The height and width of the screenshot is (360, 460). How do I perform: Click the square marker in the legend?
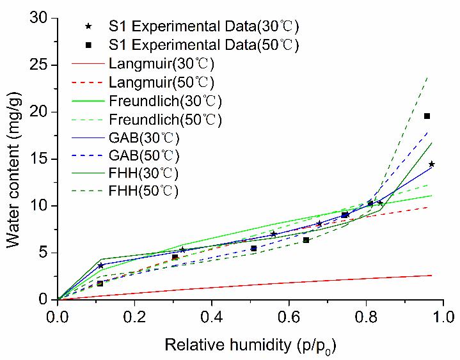coord(90,45)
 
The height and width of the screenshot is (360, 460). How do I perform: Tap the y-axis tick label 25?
coord(40,65)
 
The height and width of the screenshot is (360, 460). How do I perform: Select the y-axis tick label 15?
coord(40,159)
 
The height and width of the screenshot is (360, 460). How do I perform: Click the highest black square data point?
coord(427,116)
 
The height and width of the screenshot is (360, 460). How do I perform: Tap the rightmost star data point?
coord(432,164)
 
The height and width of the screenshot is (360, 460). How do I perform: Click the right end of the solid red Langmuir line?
coord(432,275)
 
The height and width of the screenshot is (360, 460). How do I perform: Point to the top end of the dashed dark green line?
coord(427,77)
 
